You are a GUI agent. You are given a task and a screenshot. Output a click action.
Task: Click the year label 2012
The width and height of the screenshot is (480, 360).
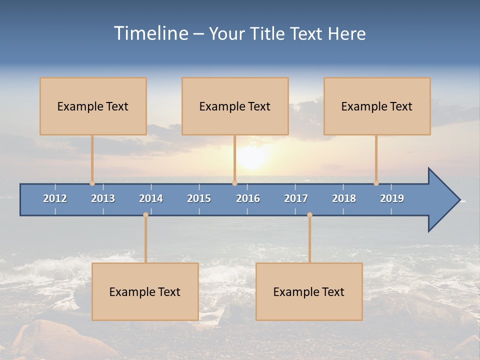click(x=55, y=198)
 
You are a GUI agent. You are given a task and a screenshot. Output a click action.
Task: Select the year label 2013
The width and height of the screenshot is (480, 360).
click(x=103, y=198)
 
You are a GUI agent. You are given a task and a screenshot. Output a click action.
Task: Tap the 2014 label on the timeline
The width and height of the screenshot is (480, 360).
click(x=151, y=198)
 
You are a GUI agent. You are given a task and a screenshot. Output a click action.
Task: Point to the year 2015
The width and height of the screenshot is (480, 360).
click(x=199, y=198)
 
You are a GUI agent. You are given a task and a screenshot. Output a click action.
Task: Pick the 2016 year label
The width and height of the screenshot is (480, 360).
click(x=248, y=198)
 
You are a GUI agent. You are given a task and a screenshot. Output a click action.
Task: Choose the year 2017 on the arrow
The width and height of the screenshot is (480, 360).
click(x=296, y=198)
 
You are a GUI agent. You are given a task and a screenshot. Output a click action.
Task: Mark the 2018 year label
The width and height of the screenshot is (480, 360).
click(x=344, y=198)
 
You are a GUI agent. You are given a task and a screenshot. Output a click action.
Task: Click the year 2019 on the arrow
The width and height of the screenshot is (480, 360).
click(x=392, y=198)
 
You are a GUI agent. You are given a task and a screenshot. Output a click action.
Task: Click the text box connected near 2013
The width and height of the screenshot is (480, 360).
click(x=93, y=106)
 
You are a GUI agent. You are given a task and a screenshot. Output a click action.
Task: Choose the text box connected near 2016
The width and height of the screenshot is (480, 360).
click(x=235, y=106)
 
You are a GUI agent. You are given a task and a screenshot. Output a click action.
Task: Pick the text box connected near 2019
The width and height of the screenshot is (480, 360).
click(x=377, y=106)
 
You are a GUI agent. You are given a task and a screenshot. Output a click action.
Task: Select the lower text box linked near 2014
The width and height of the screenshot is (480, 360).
click(x=145, y=291)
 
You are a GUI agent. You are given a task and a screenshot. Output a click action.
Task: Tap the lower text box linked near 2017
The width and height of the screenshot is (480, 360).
click(x=309, y=291)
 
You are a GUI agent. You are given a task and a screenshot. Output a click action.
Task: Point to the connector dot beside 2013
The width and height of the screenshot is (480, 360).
click(x=92, y=183)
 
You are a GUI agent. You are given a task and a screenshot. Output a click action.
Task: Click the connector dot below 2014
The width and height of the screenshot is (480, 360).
click(x=145, y=215)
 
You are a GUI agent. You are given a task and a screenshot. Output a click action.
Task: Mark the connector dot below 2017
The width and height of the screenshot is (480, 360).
click(x=309, y=215)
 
